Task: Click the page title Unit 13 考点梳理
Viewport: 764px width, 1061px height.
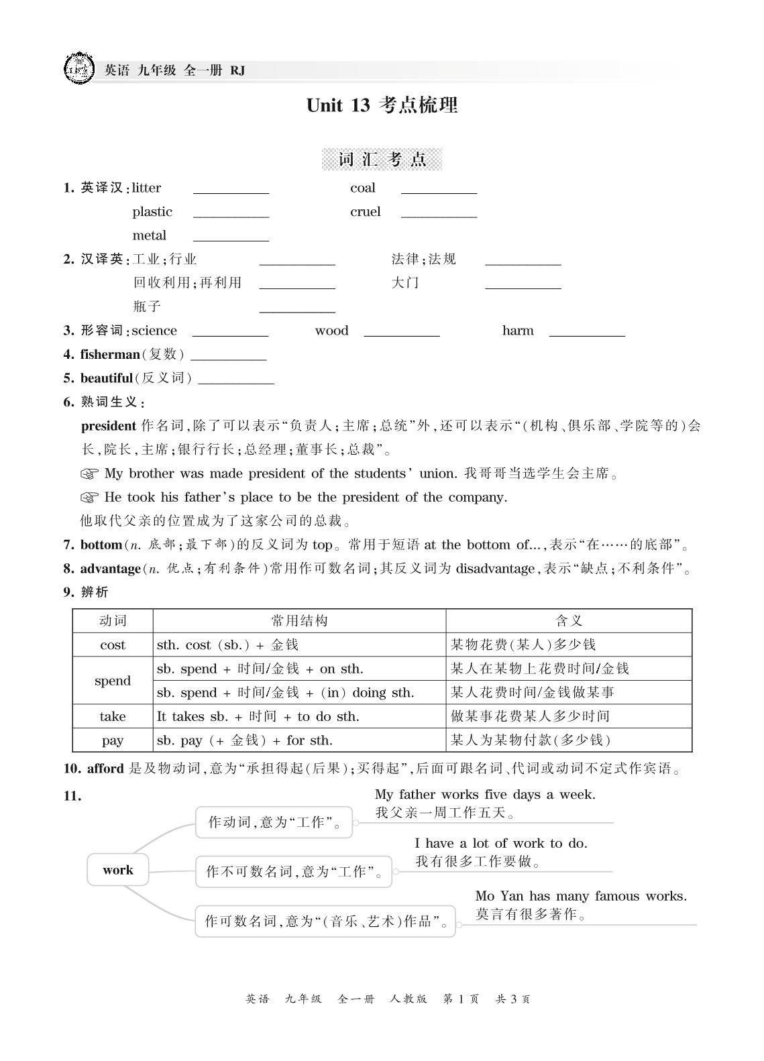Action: pos(382,105)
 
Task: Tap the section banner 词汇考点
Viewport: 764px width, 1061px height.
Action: pos(382,160)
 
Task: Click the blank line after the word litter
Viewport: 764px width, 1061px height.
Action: pos(231,189)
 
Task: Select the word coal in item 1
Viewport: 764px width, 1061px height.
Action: pos(362,188)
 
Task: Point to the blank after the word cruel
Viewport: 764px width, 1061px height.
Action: pos(439,213)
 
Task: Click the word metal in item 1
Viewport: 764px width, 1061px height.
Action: pos(149,235)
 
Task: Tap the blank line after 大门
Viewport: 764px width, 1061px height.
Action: pos(523,284)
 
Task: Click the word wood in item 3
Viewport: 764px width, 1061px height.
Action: pos(331,331)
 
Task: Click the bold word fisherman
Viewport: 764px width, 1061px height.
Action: pos(110,354)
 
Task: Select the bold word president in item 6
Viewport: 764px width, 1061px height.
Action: pos(108,426)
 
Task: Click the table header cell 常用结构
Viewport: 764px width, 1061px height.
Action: pos(299,621)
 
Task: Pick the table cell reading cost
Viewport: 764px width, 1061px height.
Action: pos(112,645)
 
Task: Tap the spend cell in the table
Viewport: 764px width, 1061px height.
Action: pos(112,681)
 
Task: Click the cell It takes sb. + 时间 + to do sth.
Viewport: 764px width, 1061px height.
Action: pos(258,716)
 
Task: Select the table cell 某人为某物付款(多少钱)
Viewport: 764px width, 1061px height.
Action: pos(531,740)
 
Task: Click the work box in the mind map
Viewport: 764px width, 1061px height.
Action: pos(118,871)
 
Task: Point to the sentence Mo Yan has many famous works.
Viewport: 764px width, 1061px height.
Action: pos(580,896)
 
